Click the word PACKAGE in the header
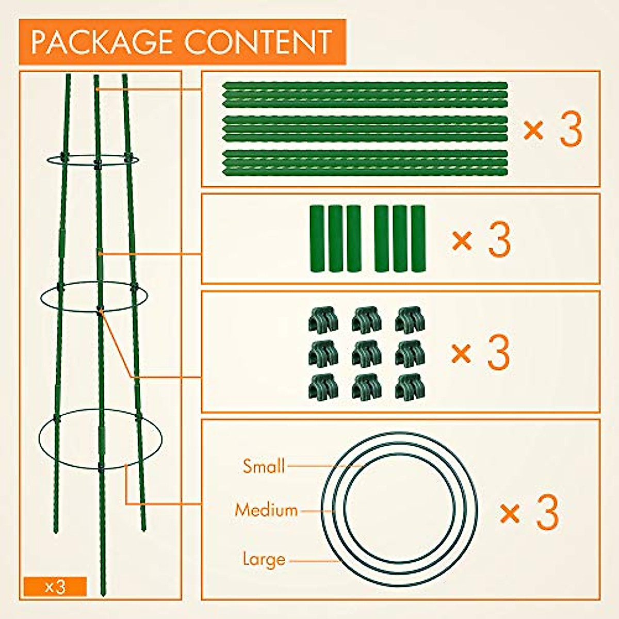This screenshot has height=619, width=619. click(x=103, y=42)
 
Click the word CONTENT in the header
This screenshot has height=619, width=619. click(x=258, y=42)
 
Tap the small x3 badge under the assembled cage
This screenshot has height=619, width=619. click(x=55, y=587)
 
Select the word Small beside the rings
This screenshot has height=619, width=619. click(x=264, y=466)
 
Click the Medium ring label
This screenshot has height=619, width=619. click(x=266, y=510)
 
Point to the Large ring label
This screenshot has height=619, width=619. click(x=264, y=559)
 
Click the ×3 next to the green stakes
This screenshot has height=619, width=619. click(x=552, y=129)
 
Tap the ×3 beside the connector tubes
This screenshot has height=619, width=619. click(x=481, y=239)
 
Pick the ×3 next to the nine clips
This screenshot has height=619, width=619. click(x=481, y=352)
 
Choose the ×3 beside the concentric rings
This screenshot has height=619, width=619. click(x=529, y=512)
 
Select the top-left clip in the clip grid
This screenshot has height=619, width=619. click(x=323, y=320)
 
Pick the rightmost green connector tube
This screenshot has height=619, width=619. click(x=418, y=238)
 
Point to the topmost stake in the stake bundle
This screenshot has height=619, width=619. click(x=365, y=85)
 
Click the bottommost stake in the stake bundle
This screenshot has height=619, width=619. click(x=365, y=172)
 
